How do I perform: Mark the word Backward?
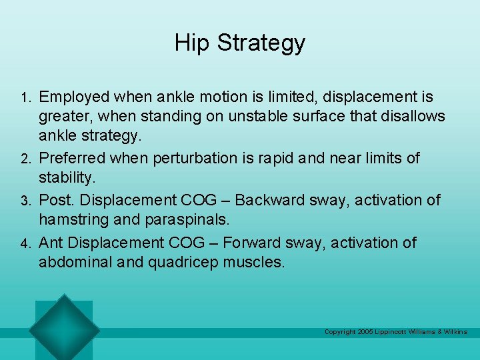pyautogui.click(x=274, y=200)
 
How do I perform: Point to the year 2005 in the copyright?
pyautogui.click(x=365, y=332)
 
